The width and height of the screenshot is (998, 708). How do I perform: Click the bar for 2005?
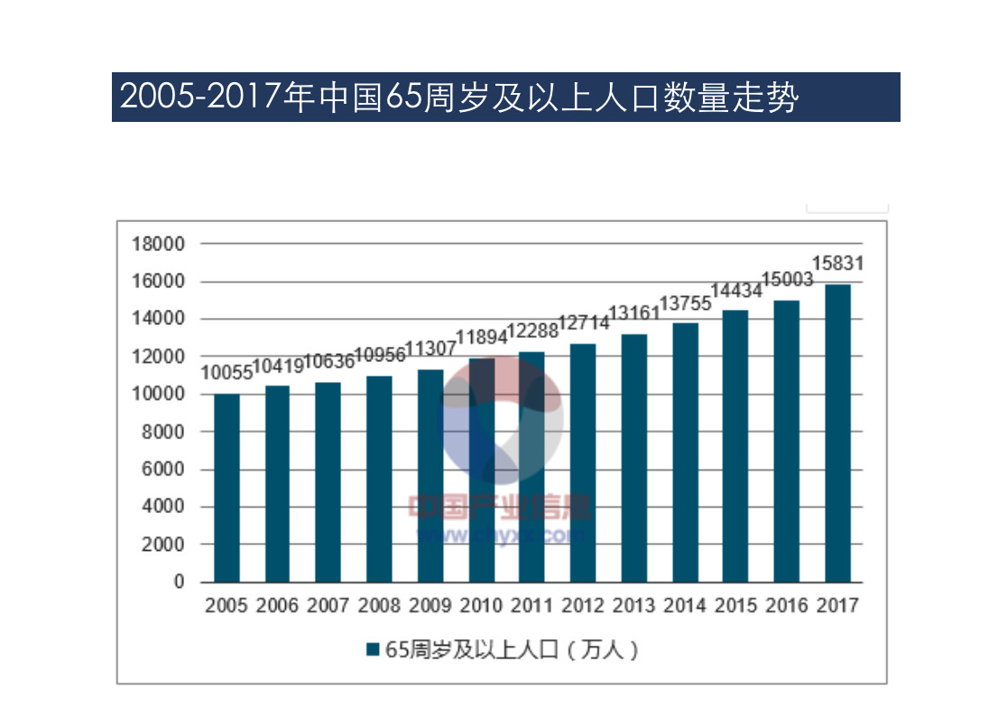(226, 488)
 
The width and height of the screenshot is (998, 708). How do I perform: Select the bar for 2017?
(837, 433)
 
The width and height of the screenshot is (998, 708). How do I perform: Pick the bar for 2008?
(379, 479)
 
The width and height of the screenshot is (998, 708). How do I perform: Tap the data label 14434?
(736, 291)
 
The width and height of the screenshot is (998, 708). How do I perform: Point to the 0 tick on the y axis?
(179, 582)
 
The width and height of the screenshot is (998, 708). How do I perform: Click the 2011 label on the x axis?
(532, 606)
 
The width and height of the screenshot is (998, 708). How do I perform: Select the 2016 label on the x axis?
(787, 606)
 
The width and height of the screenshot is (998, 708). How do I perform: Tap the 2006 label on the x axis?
(277, 606)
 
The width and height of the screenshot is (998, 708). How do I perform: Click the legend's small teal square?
(372, 649)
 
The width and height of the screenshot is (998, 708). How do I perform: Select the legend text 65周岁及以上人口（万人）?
(513, 649)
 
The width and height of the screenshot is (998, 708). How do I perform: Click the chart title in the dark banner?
(459, 97)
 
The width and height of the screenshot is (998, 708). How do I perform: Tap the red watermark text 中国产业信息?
(499, 507)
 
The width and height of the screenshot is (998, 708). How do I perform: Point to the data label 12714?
(584, 323)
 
